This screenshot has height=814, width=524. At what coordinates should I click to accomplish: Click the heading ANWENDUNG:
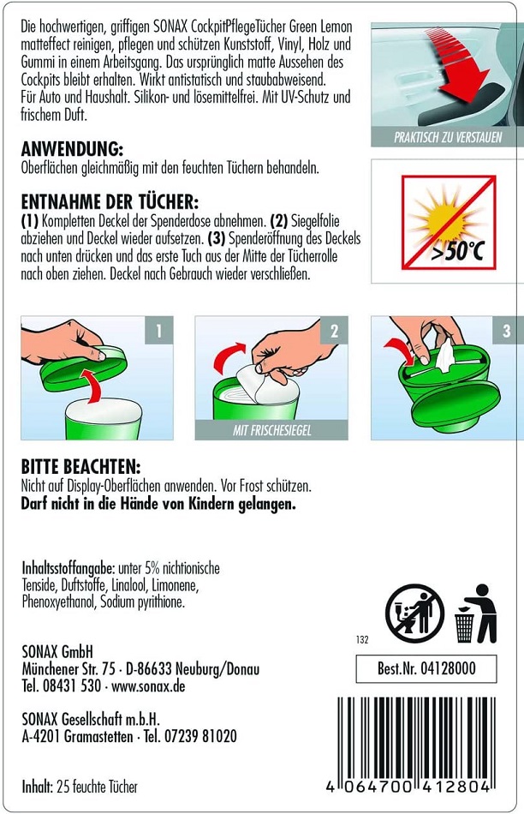point(72,149)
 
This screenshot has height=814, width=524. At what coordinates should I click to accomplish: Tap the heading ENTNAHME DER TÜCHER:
point(110,201)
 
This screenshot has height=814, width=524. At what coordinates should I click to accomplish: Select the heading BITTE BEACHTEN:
point(81,466)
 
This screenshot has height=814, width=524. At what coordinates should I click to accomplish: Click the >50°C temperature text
point(456,251)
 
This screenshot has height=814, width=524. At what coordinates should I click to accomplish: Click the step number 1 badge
point(158,330)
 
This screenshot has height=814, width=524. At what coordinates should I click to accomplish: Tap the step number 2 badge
point(334,330)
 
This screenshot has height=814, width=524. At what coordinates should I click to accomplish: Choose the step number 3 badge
point(506,330)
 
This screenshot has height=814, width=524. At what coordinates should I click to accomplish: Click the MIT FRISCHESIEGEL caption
point(272,430)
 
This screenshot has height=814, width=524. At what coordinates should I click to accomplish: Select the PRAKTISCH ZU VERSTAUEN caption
point(448,138)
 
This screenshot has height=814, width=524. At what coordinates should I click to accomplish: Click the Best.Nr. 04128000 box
point(426,668)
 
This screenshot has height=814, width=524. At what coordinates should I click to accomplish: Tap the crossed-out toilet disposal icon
point(414,613)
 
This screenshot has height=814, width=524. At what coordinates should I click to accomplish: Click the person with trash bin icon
point(475,613)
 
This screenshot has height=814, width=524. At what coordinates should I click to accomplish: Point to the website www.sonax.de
point(148,685)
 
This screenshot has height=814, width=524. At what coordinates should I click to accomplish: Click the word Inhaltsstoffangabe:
point(68,568)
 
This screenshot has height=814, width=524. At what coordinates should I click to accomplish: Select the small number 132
point(362,639)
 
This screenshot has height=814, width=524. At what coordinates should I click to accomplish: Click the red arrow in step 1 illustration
point(92,384)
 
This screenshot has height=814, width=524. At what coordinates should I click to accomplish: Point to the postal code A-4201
point(40,736)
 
